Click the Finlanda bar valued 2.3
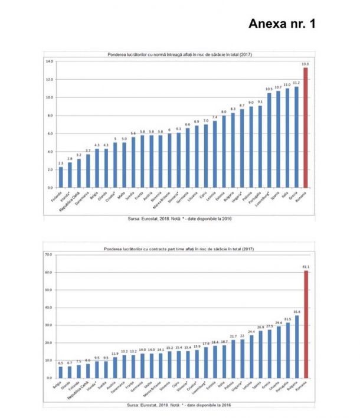click(61, 177)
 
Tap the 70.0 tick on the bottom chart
click(50, 254)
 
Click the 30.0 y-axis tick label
click(50, 325)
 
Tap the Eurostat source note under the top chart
click(178, 217)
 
